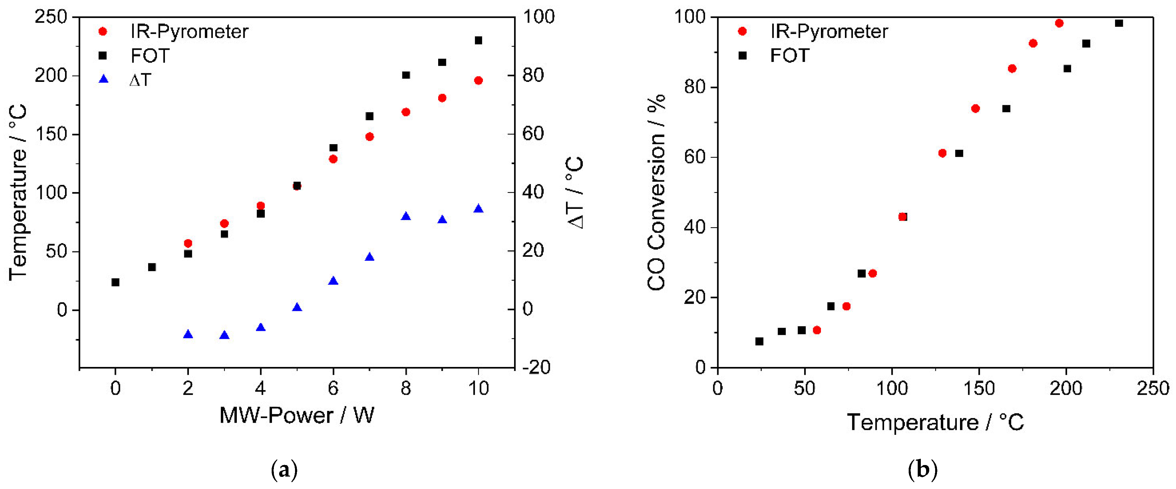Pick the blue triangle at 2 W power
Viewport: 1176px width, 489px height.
(x=188, y=335)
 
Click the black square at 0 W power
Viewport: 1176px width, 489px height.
(x=115, y=282)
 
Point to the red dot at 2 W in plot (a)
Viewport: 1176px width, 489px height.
(x=188, y=243)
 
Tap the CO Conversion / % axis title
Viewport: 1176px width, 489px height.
(x=656, y=192)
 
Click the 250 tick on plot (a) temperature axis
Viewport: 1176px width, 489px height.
(x=51, y=17)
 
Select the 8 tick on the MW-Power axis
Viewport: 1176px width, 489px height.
(x=405, y=388)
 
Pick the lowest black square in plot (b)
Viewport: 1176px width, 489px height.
(x=759, y=341)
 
